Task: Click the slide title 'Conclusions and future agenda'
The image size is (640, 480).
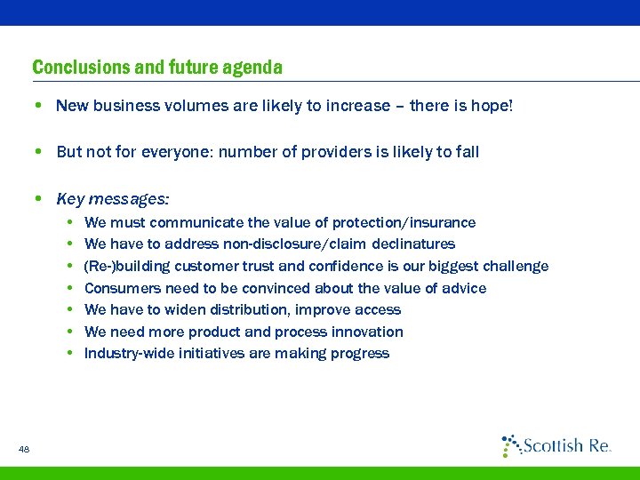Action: [x=157, y=68]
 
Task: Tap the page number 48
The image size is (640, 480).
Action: [x=24, y=450]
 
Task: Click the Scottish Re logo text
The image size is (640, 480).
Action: [x=566, y=446]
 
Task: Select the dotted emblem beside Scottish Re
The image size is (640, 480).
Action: [x=510, y=444]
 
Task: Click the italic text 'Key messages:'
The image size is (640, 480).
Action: [x=113, y=198]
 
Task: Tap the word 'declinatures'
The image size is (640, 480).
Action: [x=414, y=244]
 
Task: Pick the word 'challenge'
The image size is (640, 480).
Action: [x=517, y=266]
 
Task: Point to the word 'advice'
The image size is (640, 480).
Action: [x=464, y=288]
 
